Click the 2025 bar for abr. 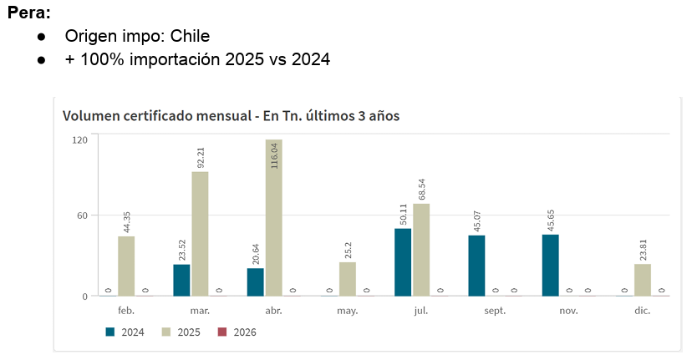pyautogui.click(x=274, y=217)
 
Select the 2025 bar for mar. pyautogui.click(x=200, y=233)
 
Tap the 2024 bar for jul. pyautogui.click(x=403, y=261)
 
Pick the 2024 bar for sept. pyautogui.click(x=476, y=265)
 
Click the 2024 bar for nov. pyautogui.click(x=550, y=265)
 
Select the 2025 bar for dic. pyautogui.click(x=642, y=280)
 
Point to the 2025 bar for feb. pyautogui.click(x=126, y=266)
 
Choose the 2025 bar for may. pyautogui.click(x=348, y=279)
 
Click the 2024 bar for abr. pyautogui.click(x=256, y=281)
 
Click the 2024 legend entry pyautogui.click(x=125, y=332)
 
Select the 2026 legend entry pyautogui.click(x=236, y=332)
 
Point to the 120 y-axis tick pyautogui.click(x=79, y=139)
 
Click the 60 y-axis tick pyautogui.click(x=82, y=215)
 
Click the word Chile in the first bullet pyautogui.click(x=190, y=36)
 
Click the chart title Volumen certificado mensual pyautogui.click(x=160, y=114)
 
